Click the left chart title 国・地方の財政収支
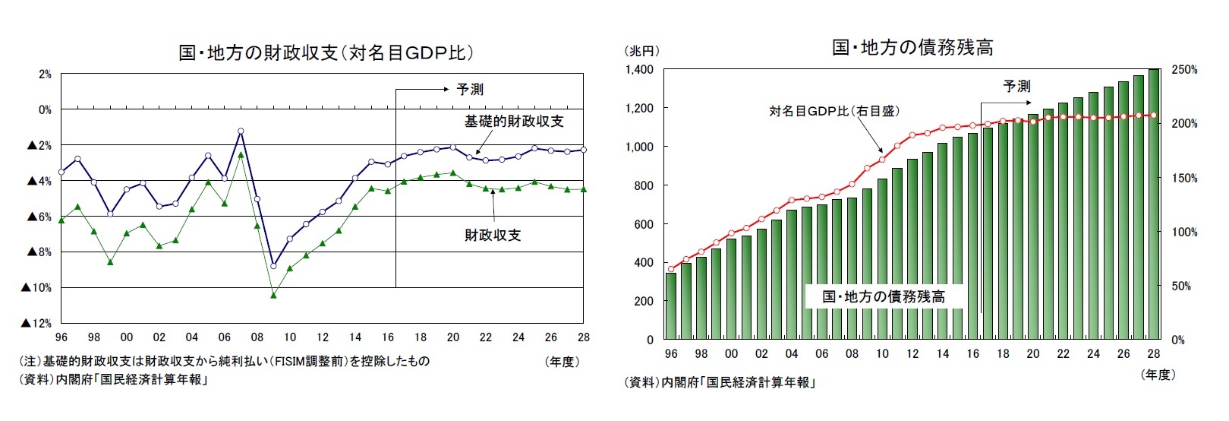[326, 52]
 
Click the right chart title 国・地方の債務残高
[912, 47]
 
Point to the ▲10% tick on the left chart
[36, 287]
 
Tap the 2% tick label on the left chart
[44, 74]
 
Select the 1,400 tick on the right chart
[639, 70]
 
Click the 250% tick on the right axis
[1184, 70]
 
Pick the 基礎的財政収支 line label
[514, 122]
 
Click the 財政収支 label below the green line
[493, 235]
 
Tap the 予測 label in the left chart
[469, 89]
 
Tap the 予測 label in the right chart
[1016, 86]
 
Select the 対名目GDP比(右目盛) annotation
[834, 111]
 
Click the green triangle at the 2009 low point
[273, 295]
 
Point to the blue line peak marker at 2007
[241, 131]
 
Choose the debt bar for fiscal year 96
[670, 305]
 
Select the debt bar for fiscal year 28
[1154, 205]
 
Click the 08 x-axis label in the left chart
[257, 337]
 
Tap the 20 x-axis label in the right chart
[1032, 353]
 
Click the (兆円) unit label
[641, 51]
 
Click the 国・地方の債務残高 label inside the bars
[884, 296]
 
